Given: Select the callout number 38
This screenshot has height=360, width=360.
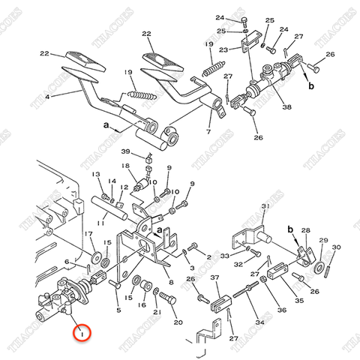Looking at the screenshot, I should pyautogui.click(x=286, y=106).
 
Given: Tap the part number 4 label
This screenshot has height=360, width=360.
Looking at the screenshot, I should pyautogui.click(x=49, y=97).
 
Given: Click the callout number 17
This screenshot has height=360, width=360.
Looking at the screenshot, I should pyautogui.click(x=89, y=235).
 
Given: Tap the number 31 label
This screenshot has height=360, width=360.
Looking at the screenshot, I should pyautogui.click(x=265, y=206).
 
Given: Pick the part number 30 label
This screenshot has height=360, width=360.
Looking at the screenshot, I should pyautogui.click(x=337, y=247).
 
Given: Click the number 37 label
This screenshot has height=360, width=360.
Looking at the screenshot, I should pyautogui.click(x=215, y=279).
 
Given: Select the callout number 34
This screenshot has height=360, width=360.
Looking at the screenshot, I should pyautogui.click(x=260, y=323).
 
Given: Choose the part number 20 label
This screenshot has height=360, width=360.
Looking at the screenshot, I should pyautogui.click(x=178, y=322).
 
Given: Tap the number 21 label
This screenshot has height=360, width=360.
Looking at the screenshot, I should pyautogui.click(x=157, y=312).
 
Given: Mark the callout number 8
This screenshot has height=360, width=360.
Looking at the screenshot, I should pyautogui.click(x=171, y=282).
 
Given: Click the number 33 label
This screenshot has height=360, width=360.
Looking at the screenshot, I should pyautogui.click(x=224, y=256).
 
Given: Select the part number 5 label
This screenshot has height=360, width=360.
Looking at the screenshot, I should pyautogui.click(x=118, y=309).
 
